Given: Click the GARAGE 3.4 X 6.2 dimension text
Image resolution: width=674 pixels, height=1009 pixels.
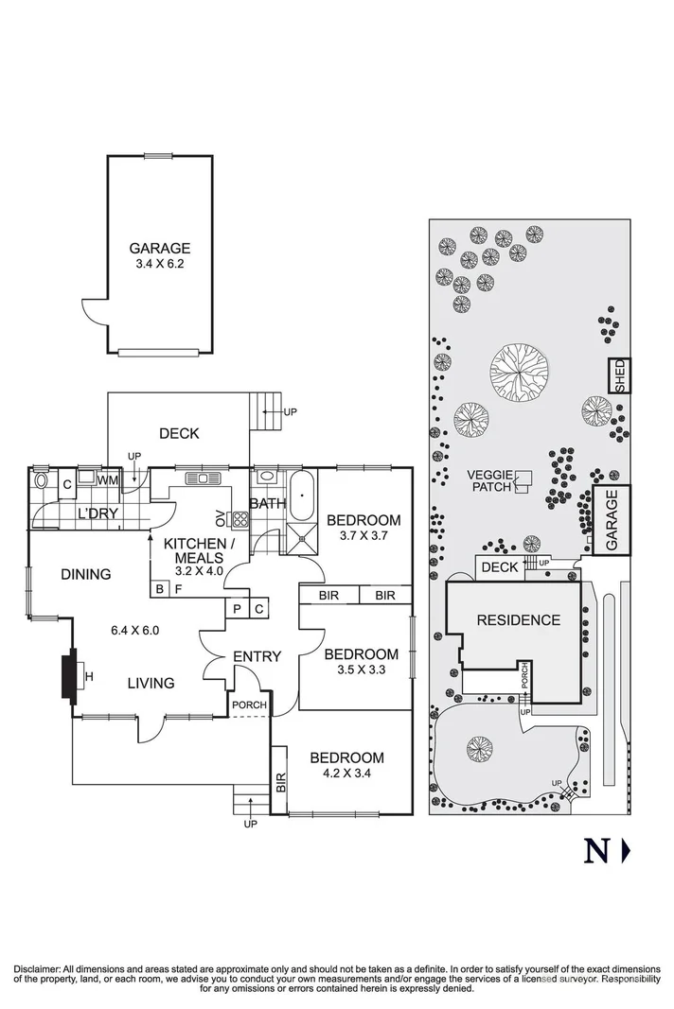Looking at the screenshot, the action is pos(160,264).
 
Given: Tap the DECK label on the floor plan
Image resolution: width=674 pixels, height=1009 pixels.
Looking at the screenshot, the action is pos(179,434).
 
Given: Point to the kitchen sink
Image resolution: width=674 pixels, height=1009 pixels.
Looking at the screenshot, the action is pos(204,478).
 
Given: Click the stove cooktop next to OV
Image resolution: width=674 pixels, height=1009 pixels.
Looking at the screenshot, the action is pos(240,519).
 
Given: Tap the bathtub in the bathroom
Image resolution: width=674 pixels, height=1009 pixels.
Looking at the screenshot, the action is pos(301,496).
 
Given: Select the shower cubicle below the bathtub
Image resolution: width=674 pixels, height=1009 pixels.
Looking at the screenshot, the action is pos(301,538).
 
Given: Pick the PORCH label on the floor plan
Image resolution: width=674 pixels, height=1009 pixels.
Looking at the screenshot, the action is pos(249,705).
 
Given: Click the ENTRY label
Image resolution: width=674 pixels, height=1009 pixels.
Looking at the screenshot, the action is pos(257,656).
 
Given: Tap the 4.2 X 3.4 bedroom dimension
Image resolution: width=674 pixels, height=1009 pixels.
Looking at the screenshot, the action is pos(346,774).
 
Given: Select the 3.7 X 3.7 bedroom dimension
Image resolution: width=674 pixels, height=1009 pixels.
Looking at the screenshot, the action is pos(364,535).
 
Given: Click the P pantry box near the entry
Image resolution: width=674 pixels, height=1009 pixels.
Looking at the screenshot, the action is pos(237,609).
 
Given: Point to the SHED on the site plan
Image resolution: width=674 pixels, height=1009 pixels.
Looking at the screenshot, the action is pos(620,375).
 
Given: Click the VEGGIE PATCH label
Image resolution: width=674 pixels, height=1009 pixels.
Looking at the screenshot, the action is pos(491,481).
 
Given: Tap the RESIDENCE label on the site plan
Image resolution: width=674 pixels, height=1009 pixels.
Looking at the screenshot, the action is pos(519,620).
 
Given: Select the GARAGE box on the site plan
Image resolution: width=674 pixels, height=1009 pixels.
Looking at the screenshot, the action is pos(612,520).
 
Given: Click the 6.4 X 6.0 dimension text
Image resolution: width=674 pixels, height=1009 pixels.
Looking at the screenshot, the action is pos(134,631).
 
